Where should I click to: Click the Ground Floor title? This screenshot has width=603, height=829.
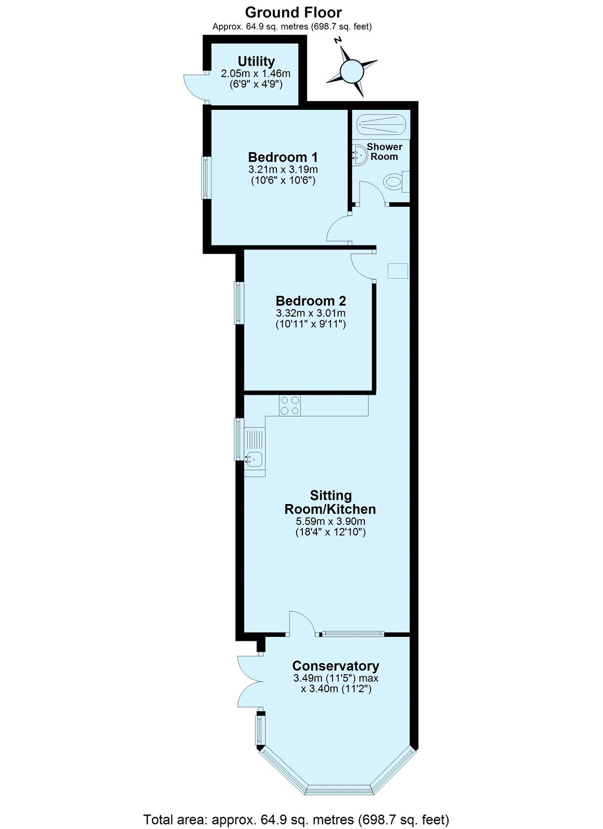tap(293, 12)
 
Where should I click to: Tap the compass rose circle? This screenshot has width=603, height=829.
tap(352, 71)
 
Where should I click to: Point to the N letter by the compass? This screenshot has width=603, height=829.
tap(338, 40)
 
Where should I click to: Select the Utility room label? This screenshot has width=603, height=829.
tap(256, 61)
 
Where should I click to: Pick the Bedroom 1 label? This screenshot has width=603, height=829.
tap(283, 158)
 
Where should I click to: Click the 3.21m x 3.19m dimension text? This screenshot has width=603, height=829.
tap(283, 170)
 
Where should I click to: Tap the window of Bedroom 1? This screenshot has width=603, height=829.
tap(206, 178)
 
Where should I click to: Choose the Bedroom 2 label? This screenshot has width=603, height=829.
tap(311, 301)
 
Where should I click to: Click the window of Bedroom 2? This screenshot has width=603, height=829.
tap(239, 303)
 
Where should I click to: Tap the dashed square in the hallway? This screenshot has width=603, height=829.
tap(398, 271)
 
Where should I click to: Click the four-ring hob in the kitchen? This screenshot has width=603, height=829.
tap(290, 405)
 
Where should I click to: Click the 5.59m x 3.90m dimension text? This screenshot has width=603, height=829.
tap(330, 521)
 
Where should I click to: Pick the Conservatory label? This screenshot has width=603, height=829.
tap(335, 666)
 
